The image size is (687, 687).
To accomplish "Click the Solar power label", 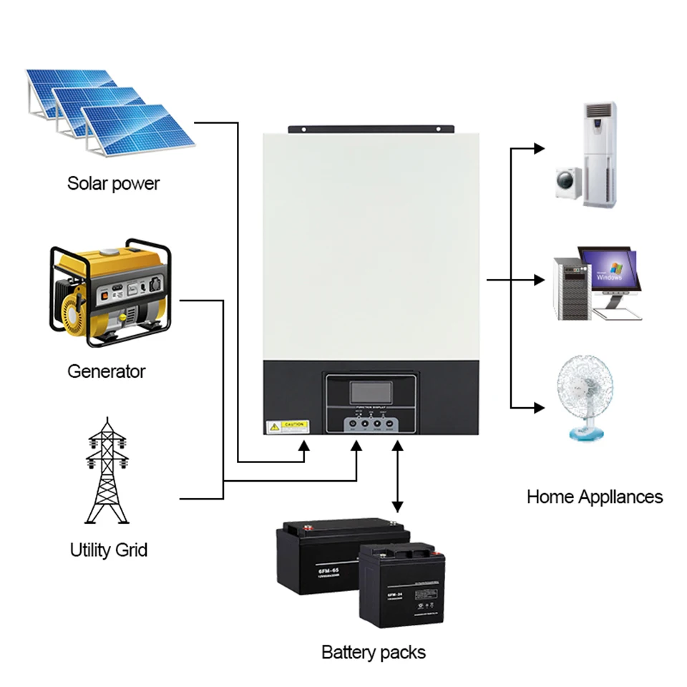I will coord(113,183).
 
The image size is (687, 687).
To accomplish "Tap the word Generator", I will coord(106,371).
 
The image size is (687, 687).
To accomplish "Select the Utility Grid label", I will coord(108,550).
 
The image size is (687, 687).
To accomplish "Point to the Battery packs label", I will coord(373,653).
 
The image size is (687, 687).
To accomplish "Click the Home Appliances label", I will coord(595,497).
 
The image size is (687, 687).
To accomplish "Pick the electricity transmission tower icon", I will coord(107,472).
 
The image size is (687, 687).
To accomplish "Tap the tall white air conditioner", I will coord(600,153).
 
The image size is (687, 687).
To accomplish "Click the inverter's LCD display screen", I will coord(371,391).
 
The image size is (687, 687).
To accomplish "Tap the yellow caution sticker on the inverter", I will coord(287,427).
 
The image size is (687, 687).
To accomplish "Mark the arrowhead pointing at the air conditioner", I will coord(538,148).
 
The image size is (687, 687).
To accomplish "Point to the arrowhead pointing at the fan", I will coord(538,408).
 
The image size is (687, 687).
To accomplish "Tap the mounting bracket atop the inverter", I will coord(371,130).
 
